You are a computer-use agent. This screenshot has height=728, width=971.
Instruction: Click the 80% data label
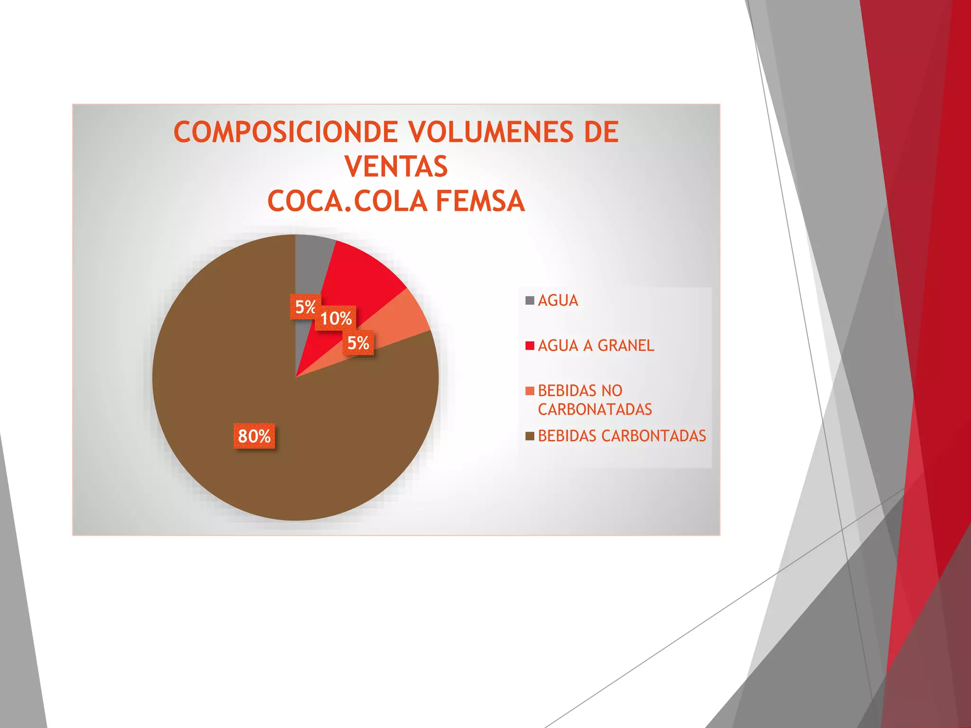(x=254, y=436)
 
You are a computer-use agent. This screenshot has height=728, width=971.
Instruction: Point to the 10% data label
(x=336, y=318)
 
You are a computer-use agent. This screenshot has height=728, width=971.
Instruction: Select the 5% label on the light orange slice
(x=358, y=343)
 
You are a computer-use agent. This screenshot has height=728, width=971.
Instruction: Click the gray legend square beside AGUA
(x=530, y=300)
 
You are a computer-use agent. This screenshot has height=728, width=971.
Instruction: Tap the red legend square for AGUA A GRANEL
(x=530, y=346)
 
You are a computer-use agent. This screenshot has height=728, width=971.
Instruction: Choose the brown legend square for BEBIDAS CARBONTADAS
(x=530, y=436)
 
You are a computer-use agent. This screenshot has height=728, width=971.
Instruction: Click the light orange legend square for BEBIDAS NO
(x=530, y=391)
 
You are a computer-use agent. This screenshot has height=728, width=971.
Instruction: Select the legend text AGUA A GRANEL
(x=596, y=346)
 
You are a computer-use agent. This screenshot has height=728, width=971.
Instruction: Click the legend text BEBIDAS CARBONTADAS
(x=622, y=436)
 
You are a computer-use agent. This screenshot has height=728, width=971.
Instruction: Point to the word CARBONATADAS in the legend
(x=595, y=409)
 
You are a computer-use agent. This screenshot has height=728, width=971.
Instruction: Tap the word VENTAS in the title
(x=396, y=167)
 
